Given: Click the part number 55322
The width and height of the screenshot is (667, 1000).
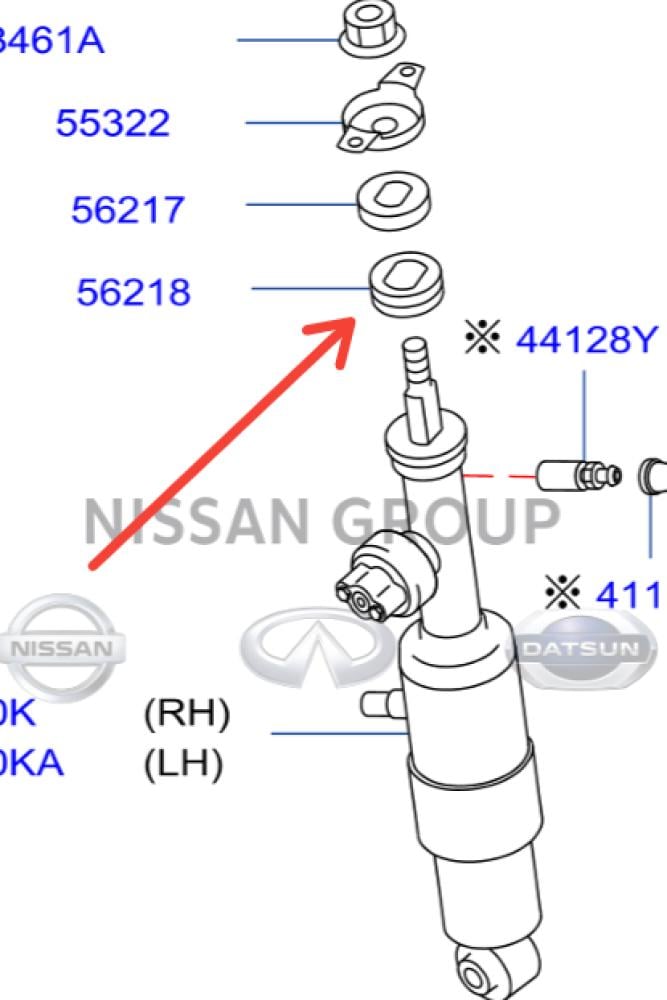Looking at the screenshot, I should (112, 124).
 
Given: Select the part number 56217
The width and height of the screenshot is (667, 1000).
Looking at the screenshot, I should (128, 210).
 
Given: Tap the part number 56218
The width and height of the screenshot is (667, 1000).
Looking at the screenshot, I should (133, 293).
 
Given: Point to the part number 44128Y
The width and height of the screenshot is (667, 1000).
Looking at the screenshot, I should (587, 340).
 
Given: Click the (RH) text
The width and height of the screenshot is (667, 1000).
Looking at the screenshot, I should (187, 714).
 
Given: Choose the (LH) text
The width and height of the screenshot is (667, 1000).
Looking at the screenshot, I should (184, 765).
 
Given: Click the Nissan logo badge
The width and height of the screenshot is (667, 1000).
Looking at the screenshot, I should (62, 647).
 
